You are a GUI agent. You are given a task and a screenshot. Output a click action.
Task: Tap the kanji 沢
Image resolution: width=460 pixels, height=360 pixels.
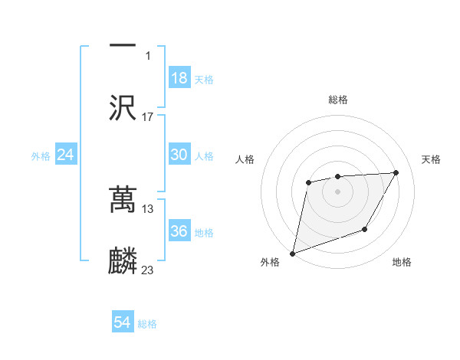click(123, 107)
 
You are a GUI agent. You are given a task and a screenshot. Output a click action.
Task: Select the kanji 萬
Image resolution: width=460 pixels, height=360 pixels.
click(123, 199)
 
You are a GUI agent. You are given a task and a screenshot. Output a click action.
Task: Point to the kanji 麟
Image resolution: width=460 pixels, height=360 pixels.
click(123, 261)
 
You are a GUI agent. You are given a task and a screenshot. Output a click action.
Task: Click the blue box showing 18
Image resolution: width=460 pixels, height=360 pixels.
click(179, 78)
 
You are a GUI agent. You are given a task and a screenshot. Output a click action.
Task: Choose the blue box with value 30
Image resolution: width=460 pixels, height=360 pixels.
click(179, 155)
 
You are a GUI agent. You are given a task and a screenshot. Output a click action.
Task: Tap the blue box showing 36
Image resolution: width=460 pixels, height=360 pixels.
click(179, 231)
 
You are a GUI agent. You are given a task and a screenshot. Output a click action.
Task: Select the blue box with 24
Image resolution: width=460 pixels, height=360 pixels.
click(66, 155)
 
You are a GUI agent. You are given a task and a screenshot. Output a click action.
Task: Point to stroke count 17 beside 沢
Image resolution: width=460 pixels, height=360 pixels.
click(148, 117)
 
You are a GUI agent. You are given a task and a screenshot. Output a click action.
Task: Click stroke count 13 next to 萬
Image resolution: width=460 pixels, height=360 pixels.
click(148, 208)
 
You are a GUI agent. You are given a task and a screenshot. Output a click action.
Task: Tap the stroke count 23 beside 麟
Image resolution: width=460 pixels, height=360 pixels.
click(148, 270)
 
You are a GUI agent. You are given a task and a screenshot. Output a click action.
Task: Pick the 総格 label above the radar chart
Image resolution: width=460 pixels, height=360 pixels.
click(338, 100)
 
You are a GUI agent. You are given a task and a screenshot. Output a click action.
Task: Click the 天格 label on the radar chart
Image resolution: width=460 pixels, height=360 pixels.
click(432, 159)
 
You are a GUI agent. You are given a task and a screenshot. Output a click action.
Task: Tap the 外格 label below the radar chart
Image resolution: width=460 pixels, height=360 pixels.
click(270, 262)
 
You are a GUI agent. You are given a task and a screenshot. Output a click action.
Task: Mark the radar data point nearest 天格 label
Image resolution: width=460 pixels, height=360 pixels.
click(396, 172)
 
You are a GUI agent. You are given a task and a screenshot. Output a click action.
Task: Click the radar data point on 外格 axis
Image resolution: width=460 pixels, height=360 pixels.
click(292, 253)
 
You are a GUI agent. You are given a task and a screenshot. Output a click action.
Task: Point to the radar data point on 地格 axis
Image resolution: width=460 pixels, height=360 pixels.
click(365, 229)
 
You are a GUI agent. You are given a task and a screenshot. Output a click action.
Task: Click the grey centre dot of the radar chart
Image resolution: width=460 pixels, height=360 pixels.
click(337, 191)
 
